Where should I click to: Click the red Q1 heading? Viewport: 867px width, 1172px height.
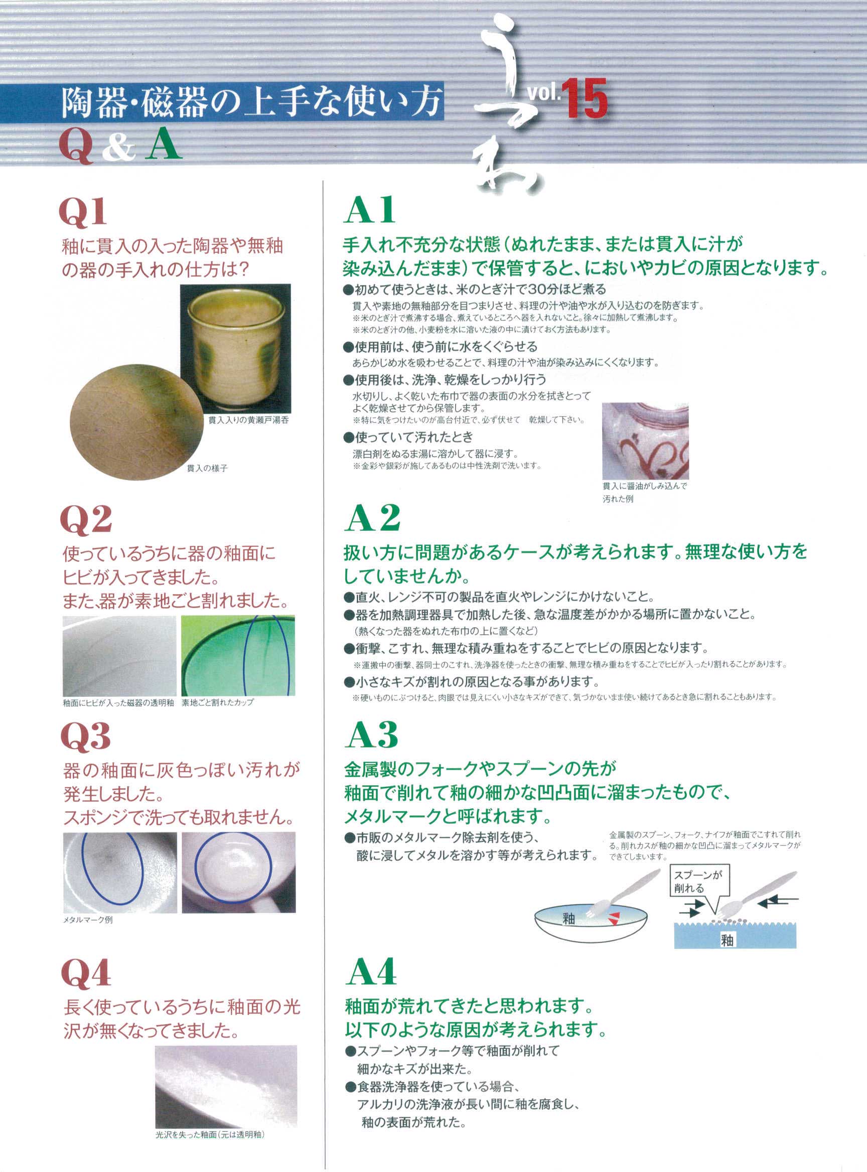83,213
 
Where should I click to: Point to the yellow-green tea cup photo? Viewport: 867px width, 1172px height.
235,349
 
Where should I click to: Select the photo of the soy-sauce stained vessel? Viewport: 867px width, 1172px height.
645,441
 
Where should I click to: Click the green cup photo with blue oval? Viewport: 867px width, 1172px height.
238,656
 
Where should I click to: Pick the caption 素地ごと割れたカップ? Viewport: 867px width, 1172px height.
217,702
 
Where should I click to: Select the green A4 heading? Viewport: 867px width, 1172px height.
371,971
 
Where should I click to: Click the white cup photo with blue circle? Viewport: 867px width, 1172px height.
239,872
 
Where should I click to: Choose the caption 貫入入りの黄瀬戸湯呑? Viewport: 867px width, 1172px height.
248,420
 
